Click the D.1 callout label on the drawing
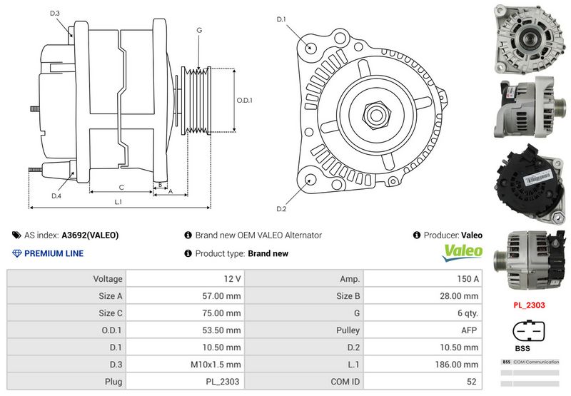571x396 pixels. [281, 19]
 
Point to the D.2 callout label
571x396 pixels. [281, 208]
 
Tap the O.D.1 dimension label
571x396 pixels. [245, 101]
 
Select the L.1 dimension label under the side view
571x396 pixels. [118, 202]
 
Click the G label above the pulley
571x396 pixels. [199, 30]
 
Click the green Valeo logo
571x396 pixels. [463, 252]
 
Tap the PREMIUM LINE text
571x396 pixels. [54, 253]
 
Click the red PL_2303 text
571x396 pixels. [530, 305]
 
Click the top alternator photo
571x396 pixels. [530, 39]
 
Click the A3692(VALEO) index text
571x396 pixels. [91, 235]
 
